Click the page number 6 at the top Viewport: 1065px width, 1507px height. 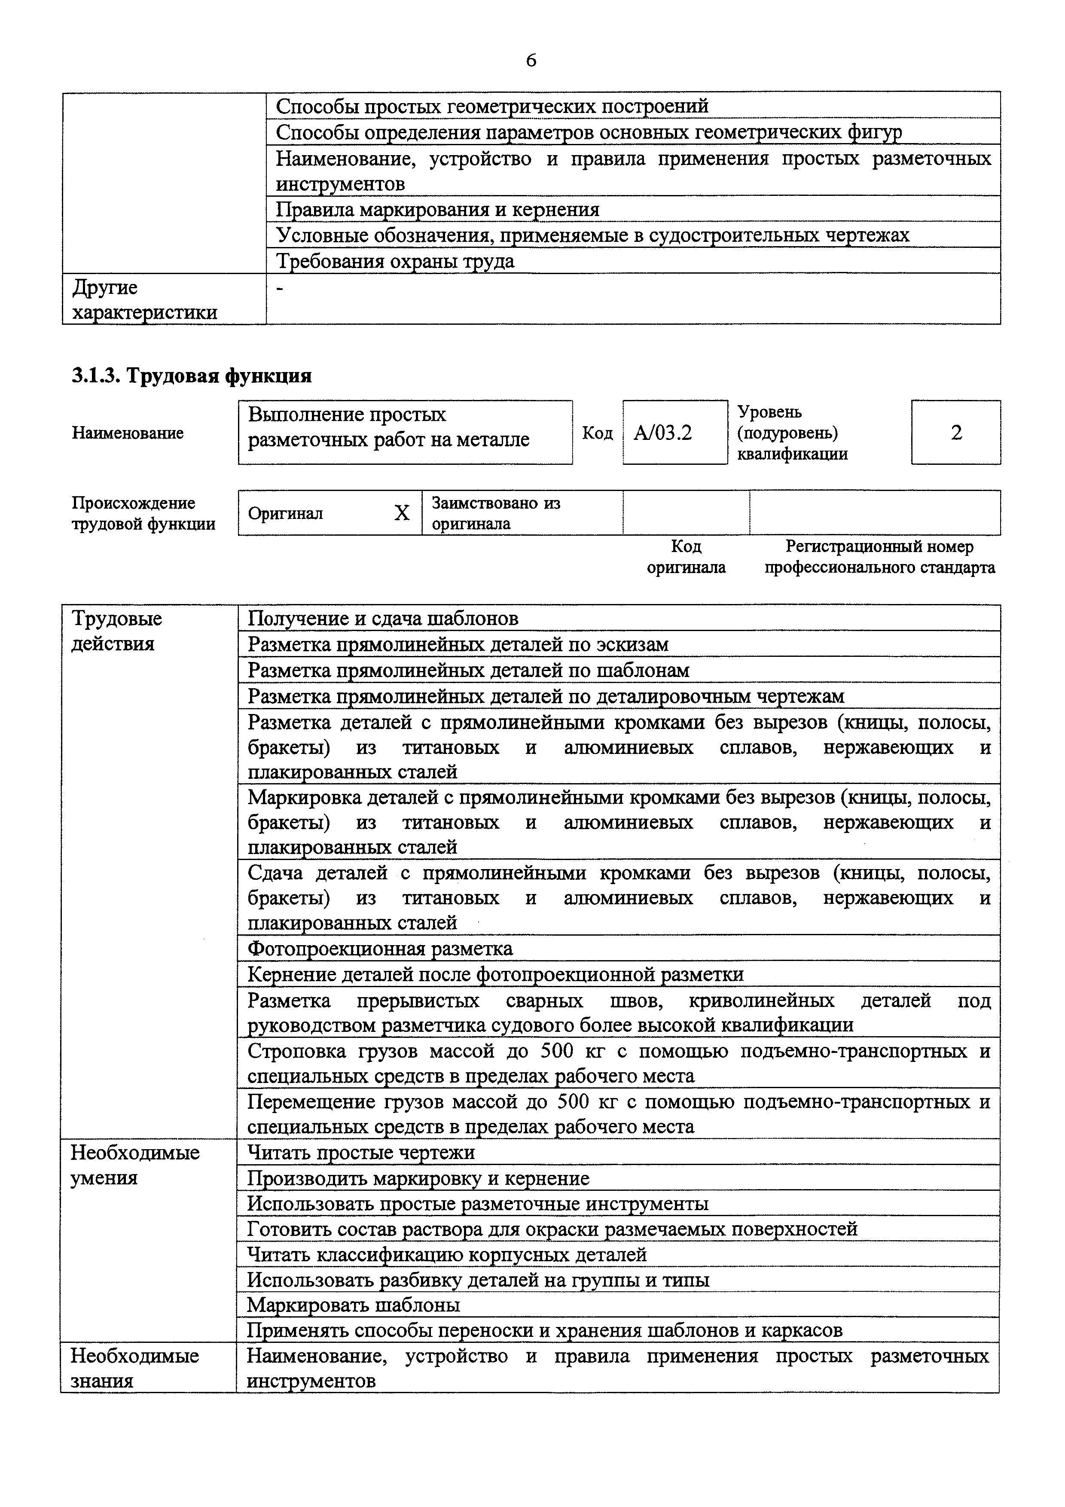(x=531, y=61)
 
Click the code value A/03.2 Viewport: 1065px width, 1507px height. (x=663, y=433)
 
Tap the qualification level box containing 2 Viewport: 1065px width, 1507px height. (x=955, y=433)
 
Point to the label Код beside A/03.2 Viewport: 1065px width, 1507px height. (x=597, y=433)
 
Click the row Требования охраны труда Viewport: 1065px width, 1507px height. (x=395, y=261)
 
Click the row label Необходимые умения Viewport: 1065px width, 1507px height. (x=134, y=1165)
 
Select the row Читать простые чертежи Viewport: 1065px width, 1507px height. (x=361, y=1153)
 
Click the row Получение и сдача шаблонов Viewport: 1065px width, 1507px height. (x=382, y=618)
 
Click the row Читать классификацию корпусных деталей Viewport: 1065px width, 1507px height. (x=446, y=1254)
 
